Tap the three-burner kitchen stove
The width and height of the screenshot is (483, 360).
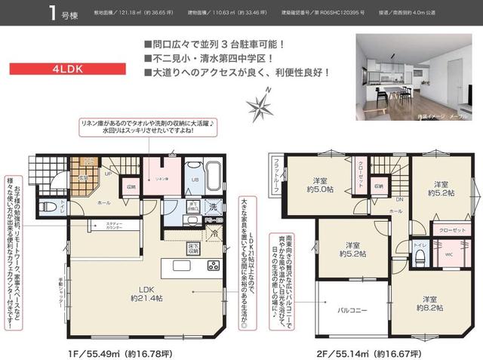213,266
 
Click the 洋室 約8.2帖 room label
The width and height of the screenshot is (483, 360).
429,303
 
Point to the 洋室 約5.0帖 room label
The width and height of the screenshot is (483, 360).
324,184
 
